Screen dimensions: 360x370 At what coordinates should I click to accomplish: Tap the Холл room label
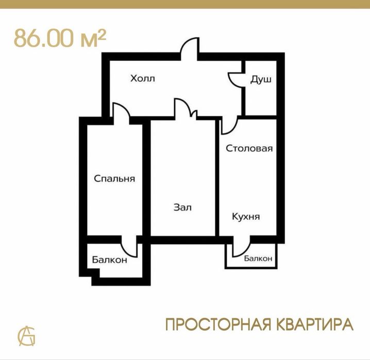(x=142, y=79)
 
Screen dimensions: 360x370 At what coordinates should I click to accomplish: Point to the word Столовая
(x=249, y=148)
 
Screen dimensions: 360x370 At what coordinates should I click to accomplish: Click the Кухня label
(x=245, y=217)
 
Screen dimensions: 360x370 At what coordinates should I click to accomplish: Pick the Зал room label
(x=182, y=208)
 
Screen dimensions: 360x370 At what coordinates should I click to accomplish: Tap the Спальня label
(x=114, y=179)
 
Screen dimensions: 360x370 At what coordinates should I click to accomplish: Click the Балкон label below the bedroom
(x=110, y=260)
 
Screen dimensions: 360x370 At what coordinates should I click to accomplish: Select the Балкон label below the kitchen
(x=258, y=259)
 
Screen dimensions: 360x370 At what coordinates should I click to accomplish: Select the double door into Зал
(x=185, y=109)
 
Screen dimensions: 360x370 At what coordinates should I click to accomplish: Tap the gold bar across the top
(x=185, y=4)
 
